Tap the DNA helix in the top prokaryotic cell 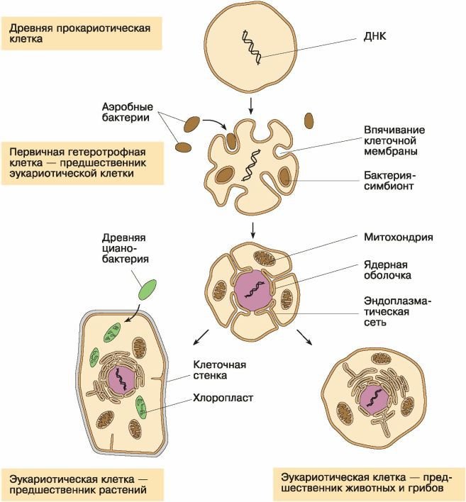point(252,47)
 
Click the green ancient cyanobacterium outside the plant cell point(148,289)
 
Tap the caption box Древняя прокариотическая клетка point(79,33)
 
